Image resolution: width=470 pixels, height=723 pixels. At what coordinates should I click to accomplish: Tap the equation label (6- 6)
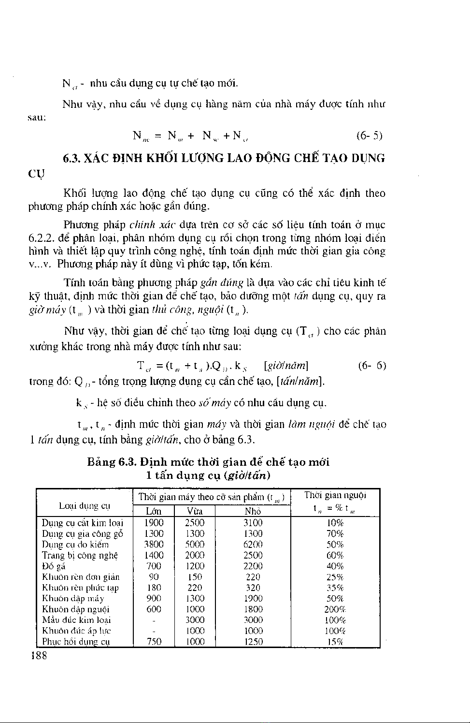click(372, 365)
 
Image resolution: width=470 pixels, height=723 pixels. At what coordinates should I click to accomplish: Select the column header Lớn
click(154, 511)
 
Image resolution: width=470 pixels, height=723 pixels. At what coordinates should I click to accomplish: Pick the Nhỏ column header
click(253, 511)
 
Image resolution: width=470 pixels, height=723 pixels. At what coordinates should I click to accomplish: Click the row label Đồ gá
click(54, 566)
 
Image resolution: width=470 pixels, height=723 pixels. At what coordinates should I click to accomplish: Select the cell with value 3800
click(154, 545)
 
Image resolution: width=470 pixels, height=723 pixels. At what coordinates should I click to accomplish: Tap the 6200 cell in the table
click(253, 545)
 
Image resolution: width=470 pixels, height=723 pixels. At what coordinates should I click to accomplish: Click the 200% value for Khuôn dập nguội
click(335, 609)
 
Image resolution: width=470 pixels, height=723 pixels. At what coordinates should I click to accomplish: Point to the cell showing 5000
click(195, 545)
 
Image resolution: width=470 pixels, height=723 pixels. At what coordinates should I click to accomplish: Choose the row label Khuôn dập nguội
click(76, 609)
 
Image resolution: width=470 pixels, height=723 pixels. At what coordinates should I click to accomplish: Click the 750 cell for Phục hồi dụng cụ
click(154, 642)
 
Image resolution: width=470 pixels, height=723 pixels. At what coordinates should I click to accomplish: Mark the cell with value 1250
click(253, 642)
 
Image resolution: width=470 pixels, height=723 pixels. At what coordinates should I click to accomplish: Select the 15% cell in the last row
click(335, 642)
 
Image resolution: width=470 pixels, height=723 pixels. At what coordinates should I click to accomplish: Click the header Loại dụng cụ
click(85, 506)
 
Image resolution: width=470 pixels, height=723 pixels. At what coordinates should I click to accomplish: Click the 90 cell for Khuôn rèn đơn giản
click(154, 577)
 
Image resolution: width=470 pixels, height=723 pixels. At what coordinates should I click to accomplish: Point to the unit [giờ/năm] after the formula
click(286, 365)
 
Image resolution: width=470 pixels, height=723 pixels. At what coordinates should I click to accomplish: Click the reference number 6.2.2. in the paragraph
click(42, 238)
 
